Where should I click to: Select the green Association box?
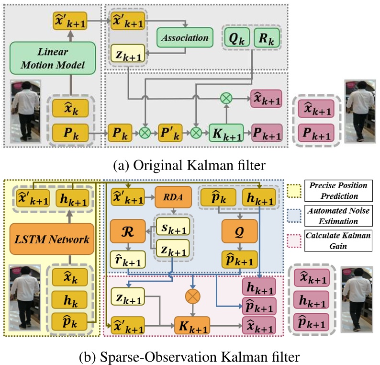click(184, 37)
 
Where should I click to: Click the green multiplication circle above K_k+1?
click(226, 98)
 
